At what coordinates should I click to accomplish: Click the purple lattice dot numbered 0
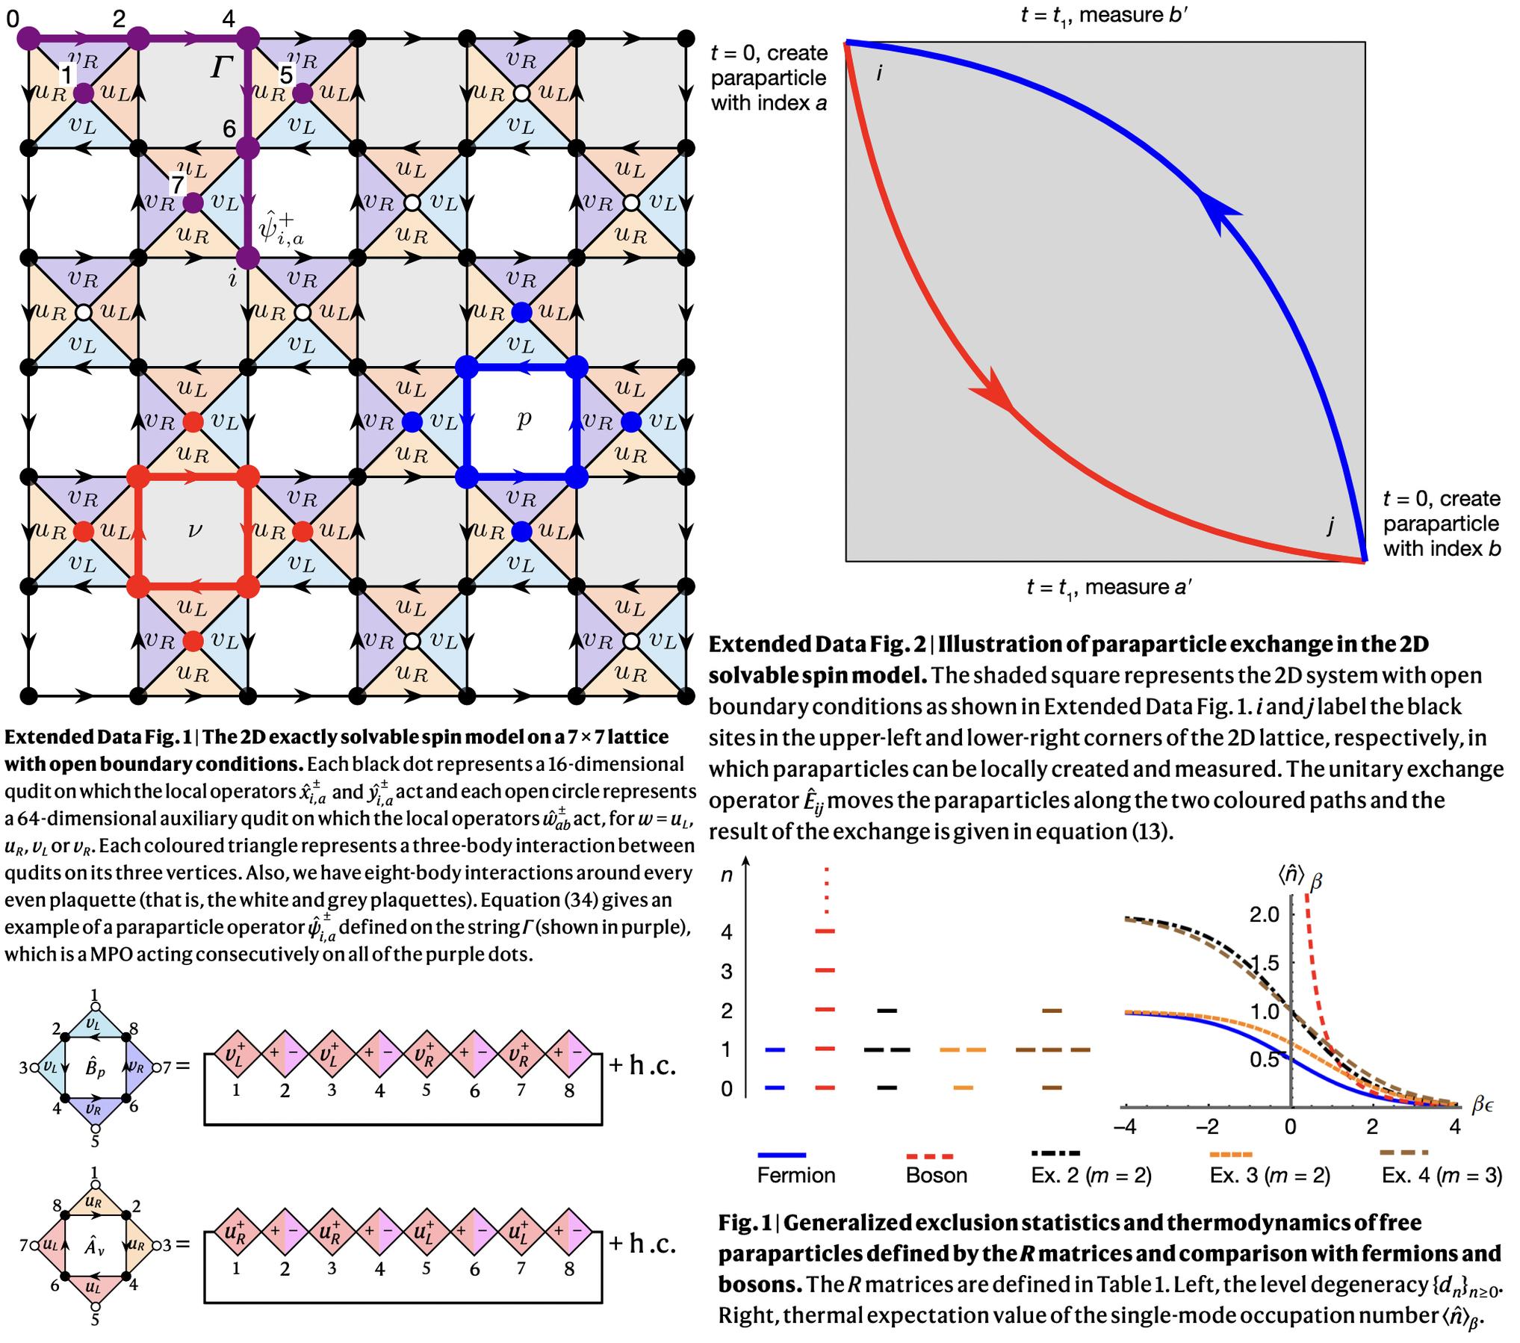(28, 37)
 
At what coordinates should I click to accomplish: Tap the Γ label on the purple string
(222, 69)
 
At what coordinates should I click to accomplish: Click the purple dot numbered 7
(193, 202)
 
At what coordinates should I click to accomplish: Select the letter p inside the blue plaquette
(524, 420)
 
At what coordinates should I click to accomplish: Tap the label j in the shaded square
(1330, 526)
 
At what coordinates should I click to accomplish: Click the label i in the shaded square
(879, 73)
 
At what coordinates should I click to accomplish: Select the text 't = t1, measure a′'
(1108, 587)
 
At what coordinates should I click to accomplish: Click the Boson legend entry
(936, 1175)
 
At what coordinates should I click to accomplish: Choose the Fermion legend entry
(795, 1175)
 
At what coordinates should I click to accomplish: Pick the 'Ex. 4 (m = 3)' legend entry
(1441, 1175)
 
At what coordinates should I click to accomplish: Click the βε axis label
(1483, 1104)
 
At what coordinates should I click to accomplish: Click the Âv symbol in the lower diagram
(94, 1245)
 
